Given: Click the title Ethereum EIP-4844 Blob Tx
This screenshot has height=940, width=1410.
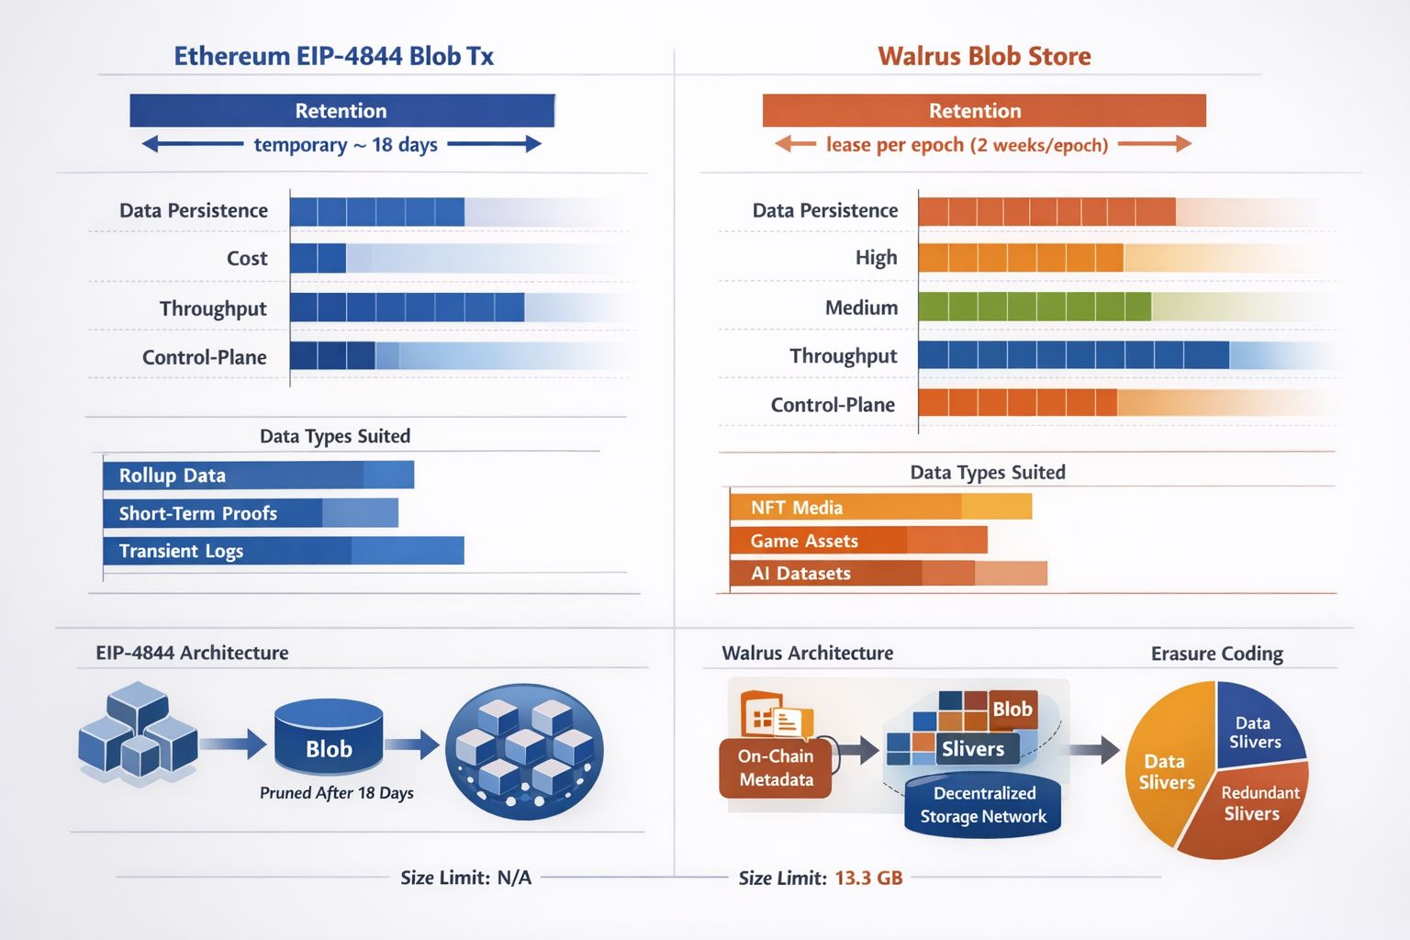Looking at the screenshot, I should click(x=333, y=56).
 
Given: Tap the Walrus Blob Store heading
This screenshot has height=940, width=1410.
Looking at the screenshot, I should click(x=984, y=56).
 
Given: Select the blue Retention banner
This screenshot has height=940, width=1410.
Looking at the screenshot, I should click(x=341, y=111).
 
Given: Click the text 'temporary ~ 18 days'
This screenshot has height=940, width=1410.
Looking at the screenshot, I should click(x=345, y=145).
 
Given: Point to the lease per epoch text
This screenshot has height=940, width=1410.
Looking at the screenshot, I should click(x=967, y=145).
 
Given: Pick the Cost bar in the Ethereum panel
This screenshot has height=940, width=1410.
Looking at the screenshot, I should click(x=318, y=259).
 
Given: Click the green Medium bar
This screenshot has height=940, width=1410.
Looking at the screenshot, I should click(x=1034, y=307).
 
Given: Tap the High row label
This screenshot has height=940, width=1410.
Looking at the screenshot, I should click(x=876, y=258).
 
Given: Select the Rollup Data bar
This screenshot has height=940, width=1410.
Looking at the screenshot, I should click(x=258, y=476).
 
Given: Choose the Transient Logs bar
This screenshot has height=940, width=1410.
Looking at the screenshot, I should click(x=283, y=551).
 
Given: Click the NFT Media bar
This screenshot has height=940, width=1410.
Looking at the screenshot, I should click(x=880, y=508).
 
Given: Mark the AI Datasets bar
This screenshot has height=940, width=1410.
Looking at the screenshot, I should click(x=888, y=574).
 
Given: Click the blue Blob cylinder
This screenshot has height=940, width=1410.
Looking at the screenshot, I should click(x=329, y=742).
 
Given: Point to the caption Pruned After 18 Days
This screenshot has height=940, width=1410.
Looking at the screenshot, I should click(x=336, y=793).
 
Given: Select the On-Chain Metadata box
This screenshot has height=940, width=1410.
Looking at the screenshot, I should click(x=776, y=767).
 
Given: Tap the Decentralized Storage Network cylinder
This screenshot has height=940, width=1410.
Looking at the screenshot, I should click(x=982, y=805).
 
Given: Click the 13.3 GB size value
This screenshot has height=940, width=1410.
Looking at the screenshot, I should click(x=868, y=878).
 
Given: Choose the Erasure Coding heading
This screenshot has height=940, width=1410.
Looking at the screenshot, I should click(x=1216, y=654).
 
